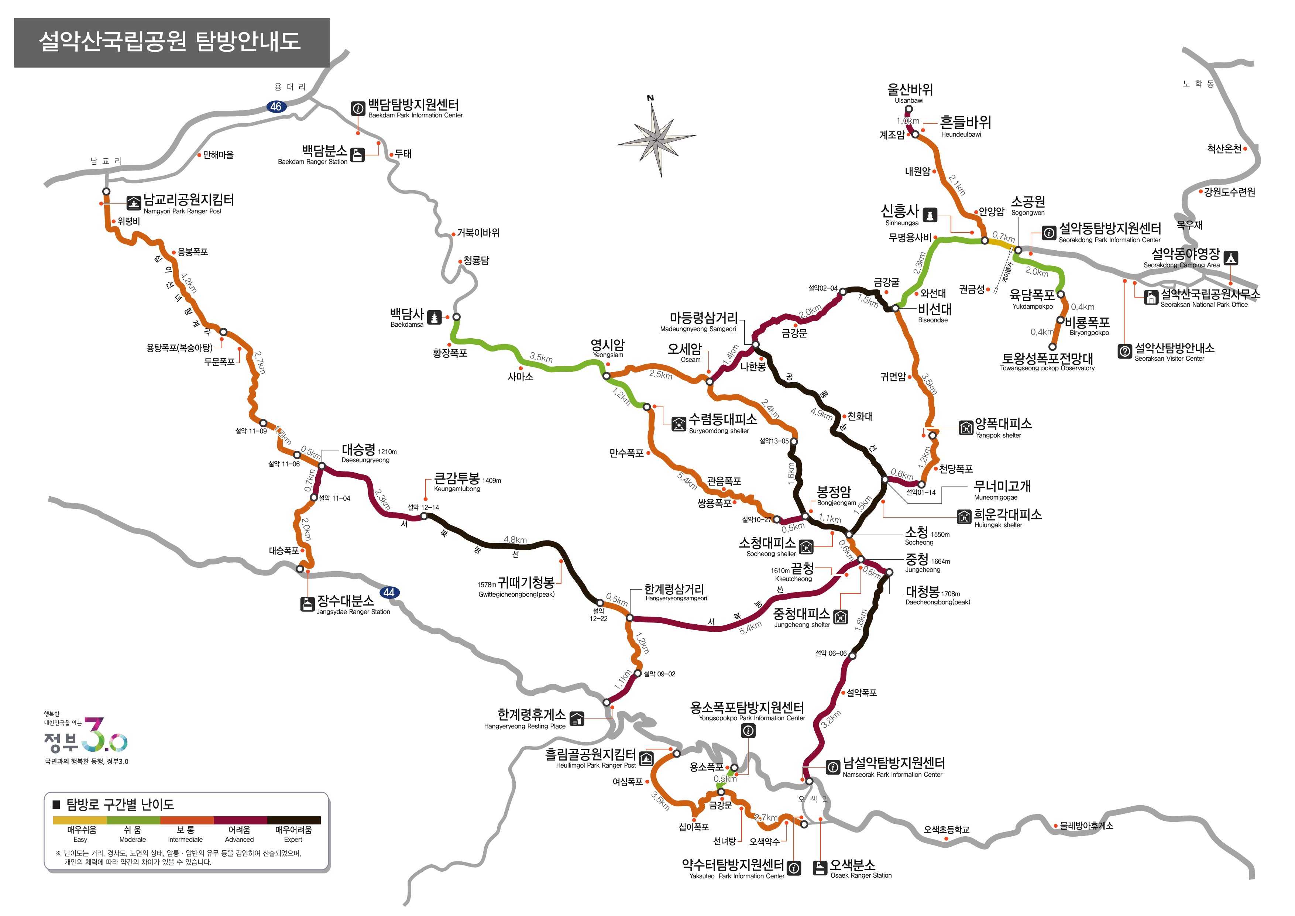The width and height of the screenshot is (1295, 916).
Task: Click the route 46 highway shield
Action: [275, 107]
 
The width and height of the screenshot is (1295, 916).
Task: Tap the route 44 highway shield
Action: [389, 592]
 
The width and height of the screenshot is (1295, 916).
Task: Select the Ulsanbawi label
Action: [909, 93]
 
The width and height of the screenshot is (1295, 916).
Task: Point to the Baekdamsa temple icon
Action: [434, 318]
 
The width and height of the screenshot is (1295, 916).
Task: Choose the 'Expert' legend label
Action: [293, 834]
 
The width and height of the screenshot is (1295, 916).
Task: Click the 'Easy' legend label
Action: [80, 834]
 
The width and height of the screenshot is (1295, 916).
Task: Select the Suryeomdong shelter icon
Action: [679, 424]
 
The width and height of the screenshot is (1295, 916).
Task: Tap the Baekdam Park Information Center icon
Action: [358, 108]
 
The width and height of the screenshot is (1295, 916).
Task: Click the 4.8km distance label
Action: [515, 540]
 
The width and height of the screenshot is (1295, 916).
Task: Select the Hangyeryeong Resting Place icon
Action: [576, 718]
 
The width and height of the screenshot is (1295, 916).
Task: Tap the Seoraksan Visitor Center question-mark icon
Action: [1124, 351]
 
